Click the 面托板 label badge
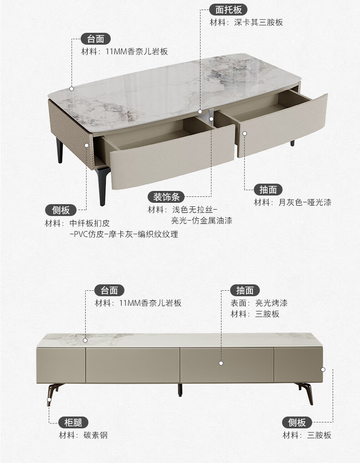(x=228, y=10)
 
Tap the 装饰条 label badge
(x=166, y=197)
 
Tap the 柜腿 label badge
(x=73, y=422)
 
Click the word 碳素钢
(x=95, y=435)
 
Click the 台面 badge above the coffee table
(x=96, y=39)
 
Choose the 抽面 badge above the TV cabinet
(x=245, y=290)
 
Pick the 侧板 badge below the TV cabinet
(x=297, y=422)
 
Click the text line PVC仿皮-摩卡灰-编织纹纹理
(x=123, y=234)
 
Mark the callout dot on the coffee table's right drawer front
(x=245, y=134)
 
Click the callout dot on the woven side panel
(x=87, y=145)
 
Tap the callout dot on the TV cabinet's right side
(x=323, y=369)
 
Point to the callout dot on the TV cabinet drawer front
(x=221, y=363)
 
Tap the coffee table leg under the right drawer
(x=293, y=143)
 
